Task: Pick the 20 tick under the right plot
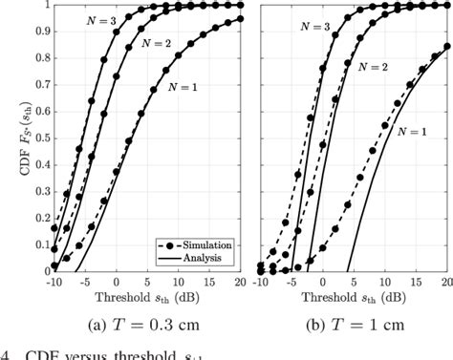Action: click(446, 284)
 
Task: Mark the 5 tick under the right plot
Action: click(354, 284)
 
